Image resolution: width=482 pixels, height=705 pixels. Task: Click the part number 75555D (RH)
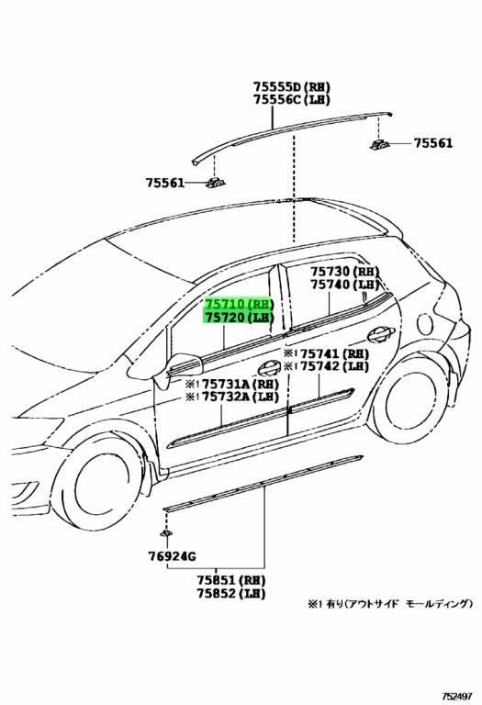pos(291,86)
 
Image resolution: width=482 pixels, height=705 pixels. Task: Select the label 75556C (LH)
pos(291,99)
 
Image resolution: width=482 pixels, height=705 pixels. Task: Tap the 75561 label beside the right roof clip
pos(433,143)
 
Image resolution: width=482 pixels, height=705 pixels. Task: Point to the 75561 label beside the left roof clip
pos(165,183)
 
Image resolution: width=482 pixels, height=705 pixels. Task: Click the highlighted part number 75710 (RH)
pos(240,304)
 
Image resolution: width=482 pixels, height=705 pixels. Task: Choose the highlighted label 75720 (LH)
pos(240,318)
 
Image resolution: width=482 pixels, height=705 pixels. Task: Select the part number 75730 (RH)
pos(344,271)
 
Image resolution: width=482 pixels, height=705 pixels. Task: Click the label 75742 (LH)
pos(334,366)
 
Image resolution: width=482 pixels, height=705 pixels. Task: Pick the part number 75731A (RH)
pos(241,384)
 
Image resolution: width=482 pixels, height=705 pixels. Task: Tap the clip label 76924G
pos(172,556)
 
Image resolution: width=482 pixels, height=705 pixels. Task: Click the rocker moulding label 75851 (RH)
pos(230,580)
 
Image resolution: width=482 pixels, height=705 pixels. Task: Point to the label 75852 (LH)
pos(230,594)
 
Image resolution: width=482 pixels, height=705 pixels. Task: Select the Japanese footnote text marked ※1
pos(390,604)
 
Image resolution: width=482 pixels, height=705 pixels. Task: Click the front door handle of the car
pos(269,368)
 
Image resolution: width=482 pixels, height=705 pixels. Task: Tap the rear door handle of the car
pos(381,333)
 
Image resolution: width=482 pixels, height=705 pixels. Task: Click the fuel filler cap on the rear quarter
pos(424,324)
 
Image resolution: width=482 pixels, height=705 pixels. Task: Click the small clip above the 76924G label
pos(166,533)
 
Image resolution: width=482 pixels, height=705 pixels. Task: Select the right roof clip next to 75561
pos(379,144)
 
